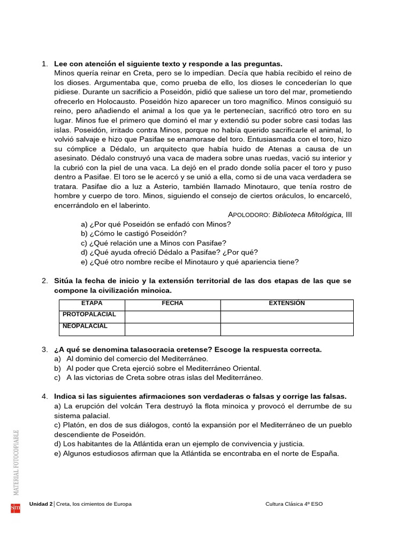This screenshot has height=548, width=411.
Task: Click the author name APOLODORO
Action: tap(249, 215)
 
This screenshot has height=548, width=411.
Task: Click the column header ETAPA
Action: tap(92, 303)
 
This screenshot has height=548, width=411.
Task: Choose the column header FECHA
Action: tap(172, 303)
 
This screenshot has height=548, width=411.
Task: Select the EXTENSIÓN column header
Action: tap(286, 303)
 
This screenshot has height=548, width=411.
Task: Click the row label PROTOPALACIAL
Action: tap(89, 315)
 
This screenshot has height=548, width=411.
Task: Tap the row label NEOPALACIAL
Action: tap(85, 326)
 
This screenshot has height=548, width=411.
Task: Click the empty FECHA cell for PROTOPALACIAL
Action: tap(172, 317)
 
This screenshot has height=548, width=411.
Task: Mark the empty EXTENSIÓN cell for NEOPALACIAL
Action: tap(286, 329)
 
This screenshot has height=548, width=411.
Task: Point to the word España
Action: tap(324, 453)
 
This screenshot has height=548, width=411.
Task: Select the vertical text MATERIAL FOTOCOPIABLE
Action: tap(16, 462)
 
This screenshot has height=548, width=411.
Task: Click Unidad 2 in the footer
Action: tap(41, 504)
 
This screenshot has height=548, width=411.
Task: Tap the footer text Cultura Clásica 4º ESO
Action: tap(294, 504)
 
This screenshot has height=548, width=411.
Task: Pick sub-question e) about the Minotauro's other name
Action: tap(190, 262)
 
